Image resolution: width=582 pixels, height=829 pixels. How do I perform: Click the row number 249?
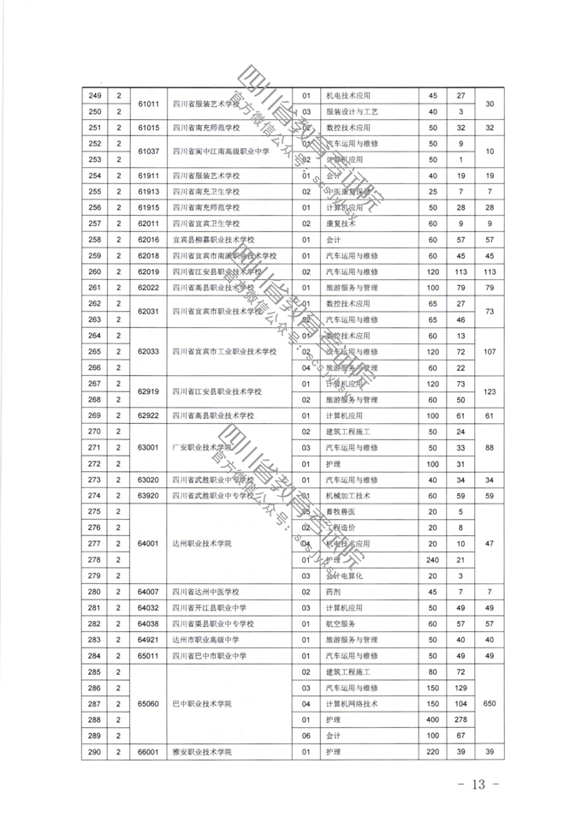(96, 96)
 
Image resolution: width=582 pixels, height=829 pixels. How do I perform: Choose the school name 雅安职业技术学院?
(203, 752)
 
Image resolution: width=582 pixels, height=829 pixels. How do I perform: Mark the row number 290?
(96, 752)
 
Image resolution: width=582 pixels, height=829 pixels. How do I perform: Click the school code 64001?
(150, 543)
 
